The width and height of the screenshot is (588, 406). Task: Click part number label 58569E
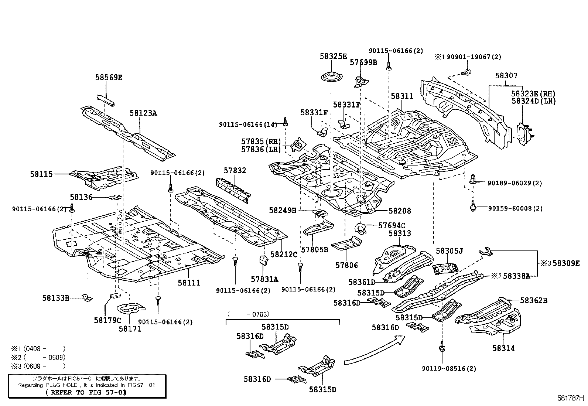point(109,78)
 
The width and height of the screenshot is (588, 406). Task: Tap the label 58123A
point(143,113)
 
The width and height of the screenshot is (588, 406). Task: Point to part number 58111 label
point(189,283)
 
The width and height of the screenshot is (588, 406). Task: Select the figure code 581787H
point(571,399)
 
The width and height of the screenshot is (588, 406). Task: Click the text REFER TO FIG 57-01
point(86,392)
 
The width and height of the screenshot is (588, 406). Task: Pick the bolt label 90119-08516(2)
point(449,369)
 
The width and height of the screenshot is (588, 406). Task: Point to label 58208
point(400,211)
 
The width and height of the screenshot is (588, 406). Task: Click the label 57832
point(235,171)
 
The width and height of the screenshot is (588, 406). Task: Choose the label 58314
point(503,348)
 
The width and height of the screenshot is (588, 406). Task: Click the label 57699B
point(363,62)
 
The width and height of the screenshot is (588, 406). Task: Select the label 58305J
point(449,251)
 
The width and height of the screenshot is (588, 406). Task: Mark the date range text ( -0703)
point(249,314)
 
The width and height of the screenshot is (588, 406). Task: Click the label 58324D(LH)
point(533,101)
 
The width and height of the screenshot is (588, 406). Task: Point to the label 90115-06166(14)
point(247,125)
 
